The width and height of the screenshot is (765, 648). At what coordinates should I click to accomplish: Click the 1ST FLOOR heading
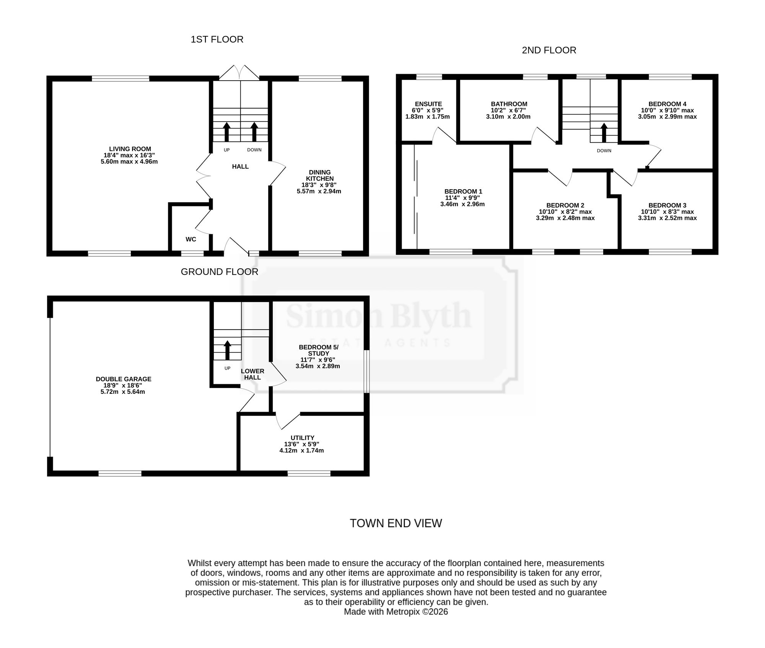coord(217,39)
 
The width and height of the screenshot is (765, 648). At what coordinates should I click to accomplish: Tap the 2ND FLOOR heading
coord(549,50)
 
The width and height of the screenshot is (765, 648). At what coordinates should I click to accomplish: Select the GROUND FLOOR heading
coord(220,272)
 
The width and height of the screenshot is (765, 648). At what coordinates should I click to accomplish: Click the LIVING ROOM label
coord(130,149)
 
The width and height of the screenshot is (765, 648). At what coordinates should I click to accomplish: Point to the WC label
coord(191,239)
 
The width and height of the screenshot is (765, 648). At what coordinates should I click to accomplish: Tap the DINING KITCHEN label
coord(320,175)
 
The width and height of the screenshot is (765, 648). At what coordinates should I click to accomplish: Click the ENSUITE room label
coord(428,104)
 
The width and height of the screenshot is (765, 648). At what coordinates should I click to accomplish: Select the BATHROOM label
coord(509,104)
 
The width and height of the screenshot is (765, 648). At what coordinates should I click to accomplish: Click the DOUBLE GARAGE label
coord(124,379)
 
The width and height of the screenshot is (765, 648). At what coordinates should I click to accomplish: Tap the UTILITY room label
coord(303,438)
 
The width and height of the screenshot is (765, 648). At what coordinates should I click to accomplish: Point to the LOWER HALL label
coord(252,374)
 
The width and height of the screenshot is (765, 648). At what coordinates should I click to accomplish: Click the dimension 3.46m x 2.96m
coord(462,204)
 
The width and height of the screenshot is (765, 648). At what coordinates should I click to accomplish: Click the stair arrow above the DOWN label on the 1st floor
coord(254,132)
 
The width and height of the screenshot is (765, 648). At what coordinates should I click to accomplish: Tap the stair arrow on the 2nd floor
coord(604,133)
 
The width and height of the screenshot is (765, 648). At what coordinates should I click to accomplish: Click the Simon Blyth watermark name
coord(379,316)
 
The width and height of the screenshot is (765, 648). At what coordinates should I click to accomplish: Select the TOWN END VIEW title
coord(396,523)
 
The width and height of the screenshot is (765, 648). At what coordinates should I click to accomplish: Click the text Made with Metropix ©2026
coord(396,612)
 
